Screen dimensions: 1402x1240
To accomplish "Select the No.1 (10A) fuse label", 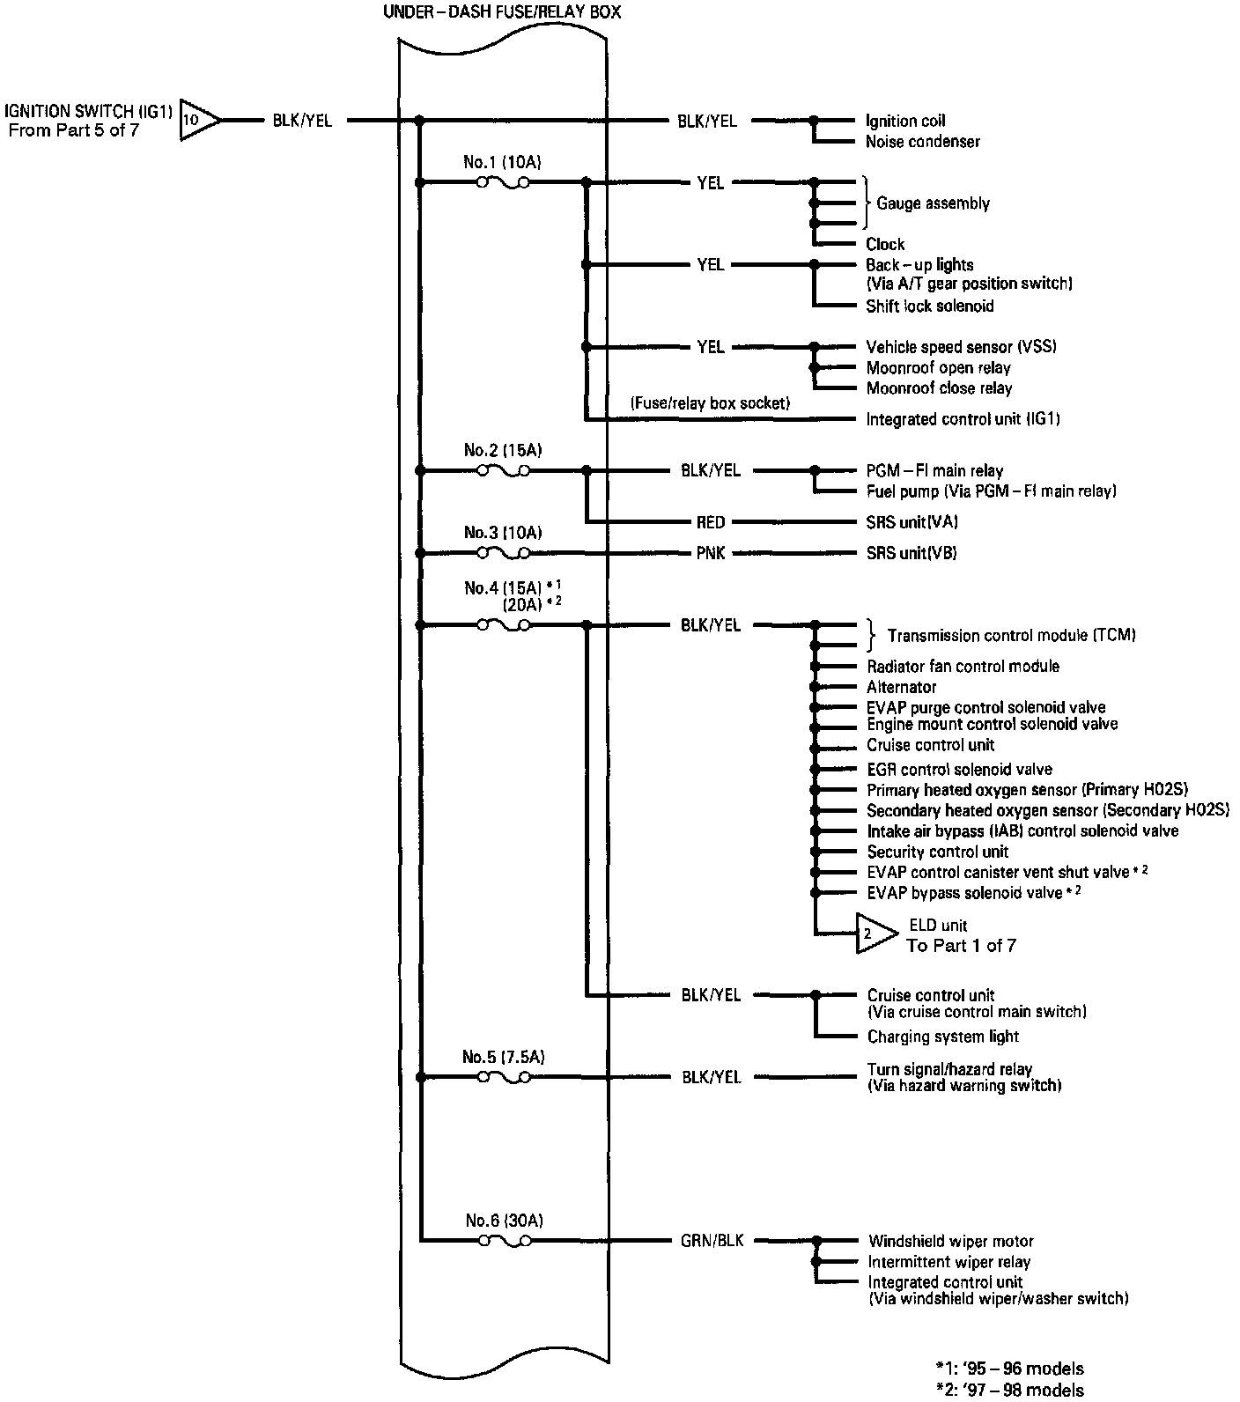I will [502, 162].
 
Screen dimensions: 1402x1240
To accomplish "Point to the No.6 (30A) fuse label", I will [504, 1221].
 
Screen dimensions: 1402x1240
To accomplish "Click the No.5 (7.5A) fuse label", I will [504, 1057].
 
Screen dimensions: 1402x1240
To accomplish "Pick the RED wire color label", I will [710, 522].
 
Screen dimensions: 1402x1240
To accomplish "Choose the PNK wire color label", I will [710, 553].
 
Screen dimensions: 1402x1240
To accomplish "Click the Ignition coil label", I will [905, 121].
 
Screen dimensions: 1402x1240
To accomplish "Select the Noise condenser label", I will [922, 142].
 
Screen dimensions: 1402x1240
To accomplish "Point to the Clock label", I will [885, 244].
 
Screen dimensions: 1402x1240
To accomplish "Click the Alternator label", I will [901, 687].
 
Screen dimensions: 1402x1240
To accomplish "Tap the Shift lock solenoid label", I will [929, 306].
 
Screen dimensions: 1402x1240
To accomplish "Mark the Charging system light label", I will [942, 1037].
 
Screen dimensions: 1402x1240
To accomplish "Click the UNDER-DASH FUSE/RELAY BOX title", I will [505, 13].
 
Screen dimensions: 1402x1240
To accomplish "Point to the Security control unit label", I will [937, 852].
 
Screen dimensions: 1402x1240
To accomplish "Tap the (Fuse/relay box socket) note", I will [710, 403].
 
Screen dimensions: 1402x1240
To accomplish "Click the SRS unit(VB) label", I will [912, 553].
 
